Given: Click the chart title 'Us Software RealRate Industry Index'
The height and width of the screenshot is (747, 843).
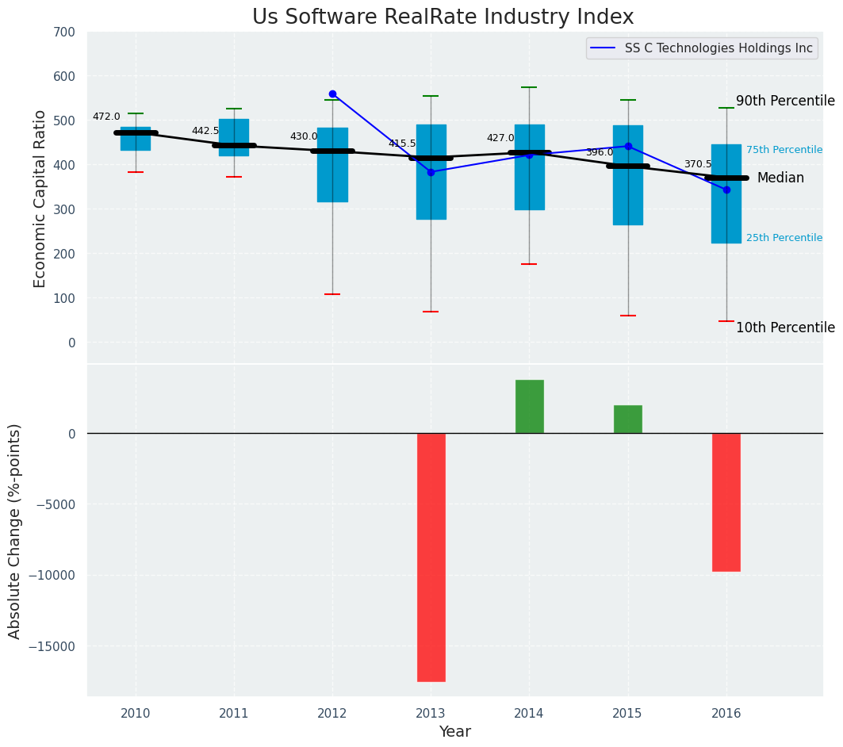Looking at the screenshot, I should pos(443,17).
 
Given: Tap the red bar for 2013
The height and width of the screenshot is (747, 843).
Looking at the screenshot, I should pos(431,557).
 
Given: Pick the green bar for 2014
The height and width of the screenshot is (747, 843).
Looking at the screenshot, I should pos(530,406).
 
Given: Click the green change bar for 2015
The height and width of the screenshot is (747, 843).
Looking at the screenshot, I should pos(628,419).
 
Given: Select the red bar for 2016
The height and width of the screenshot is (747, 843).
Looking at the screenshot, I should pos(726,501).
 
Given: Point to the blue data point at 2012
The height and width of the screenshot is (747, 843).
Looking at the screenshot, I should pos(332,94).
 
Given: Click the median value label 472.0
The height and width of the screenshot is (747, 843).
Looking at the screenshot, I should pos(106,117).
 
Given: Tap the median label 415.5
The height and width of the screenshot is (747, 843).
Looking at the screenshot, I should pos(402,144).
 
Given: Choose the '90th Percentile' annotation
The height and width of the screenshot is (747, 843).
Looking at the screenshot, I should pos(785,102).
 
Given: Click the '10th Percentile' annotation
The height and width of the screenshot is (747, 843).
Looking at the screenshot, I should pos(785,328).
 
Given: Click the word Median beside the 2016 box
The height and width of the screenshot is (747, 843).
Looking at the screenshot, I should pos(780,178).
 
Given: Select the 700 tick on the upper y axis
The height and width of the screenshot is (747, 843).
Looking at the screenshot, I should pos(64,33).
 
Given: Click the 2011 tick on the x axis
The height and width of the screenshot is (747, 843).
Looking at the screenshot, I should pos(234,713).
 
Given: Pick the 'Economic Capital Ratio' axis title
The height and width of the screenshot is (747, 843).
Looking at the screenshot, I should pos(40,197).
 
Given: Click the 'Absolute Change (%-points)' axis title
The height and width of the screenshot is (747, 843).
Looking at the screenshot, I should pos(15,531).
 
